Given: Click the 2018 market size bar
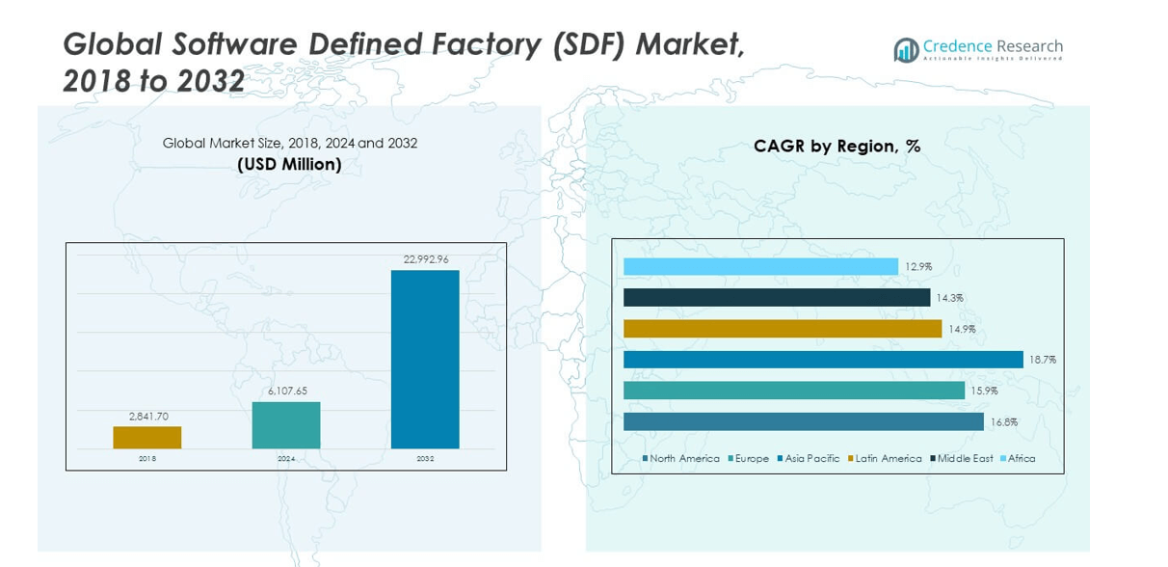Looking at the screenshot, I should pos(146,438).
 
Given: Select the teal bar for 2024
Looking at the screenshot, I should pos(285,425).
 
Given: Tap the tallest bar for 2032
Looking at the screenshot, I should pos(424,359).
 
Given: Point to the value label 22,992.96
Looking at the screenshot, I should pos(424,259).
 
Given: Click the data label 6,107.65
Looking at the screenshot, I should pos(285,391).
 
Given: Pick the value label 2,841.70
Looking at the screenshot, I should pos(148,416).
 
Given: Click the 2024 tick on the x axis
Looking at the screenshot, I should pos(285,459).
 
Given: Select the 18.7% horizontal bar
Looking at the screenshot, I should pos(823,360).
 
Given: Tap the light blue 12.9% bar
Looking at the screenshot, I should pos(760,266).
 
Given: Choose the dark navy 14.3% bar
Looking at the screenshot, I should pos(777,298).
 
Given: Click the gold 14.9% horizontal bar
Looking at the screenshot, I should pos(783,329).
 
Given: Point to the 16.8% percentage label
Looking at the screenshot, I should pos(1003,422).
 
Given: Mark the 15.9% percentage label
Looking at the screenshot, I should pos(984,391).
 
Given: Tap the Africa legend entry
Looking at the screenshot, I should pos(1021,459).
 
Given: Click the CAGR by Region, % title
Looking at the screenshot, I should pos(836,147).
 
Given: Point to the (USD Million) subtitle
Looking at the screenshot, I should pos(289,165).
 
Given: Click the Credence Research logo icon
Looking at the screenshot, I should pos(906,50).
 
